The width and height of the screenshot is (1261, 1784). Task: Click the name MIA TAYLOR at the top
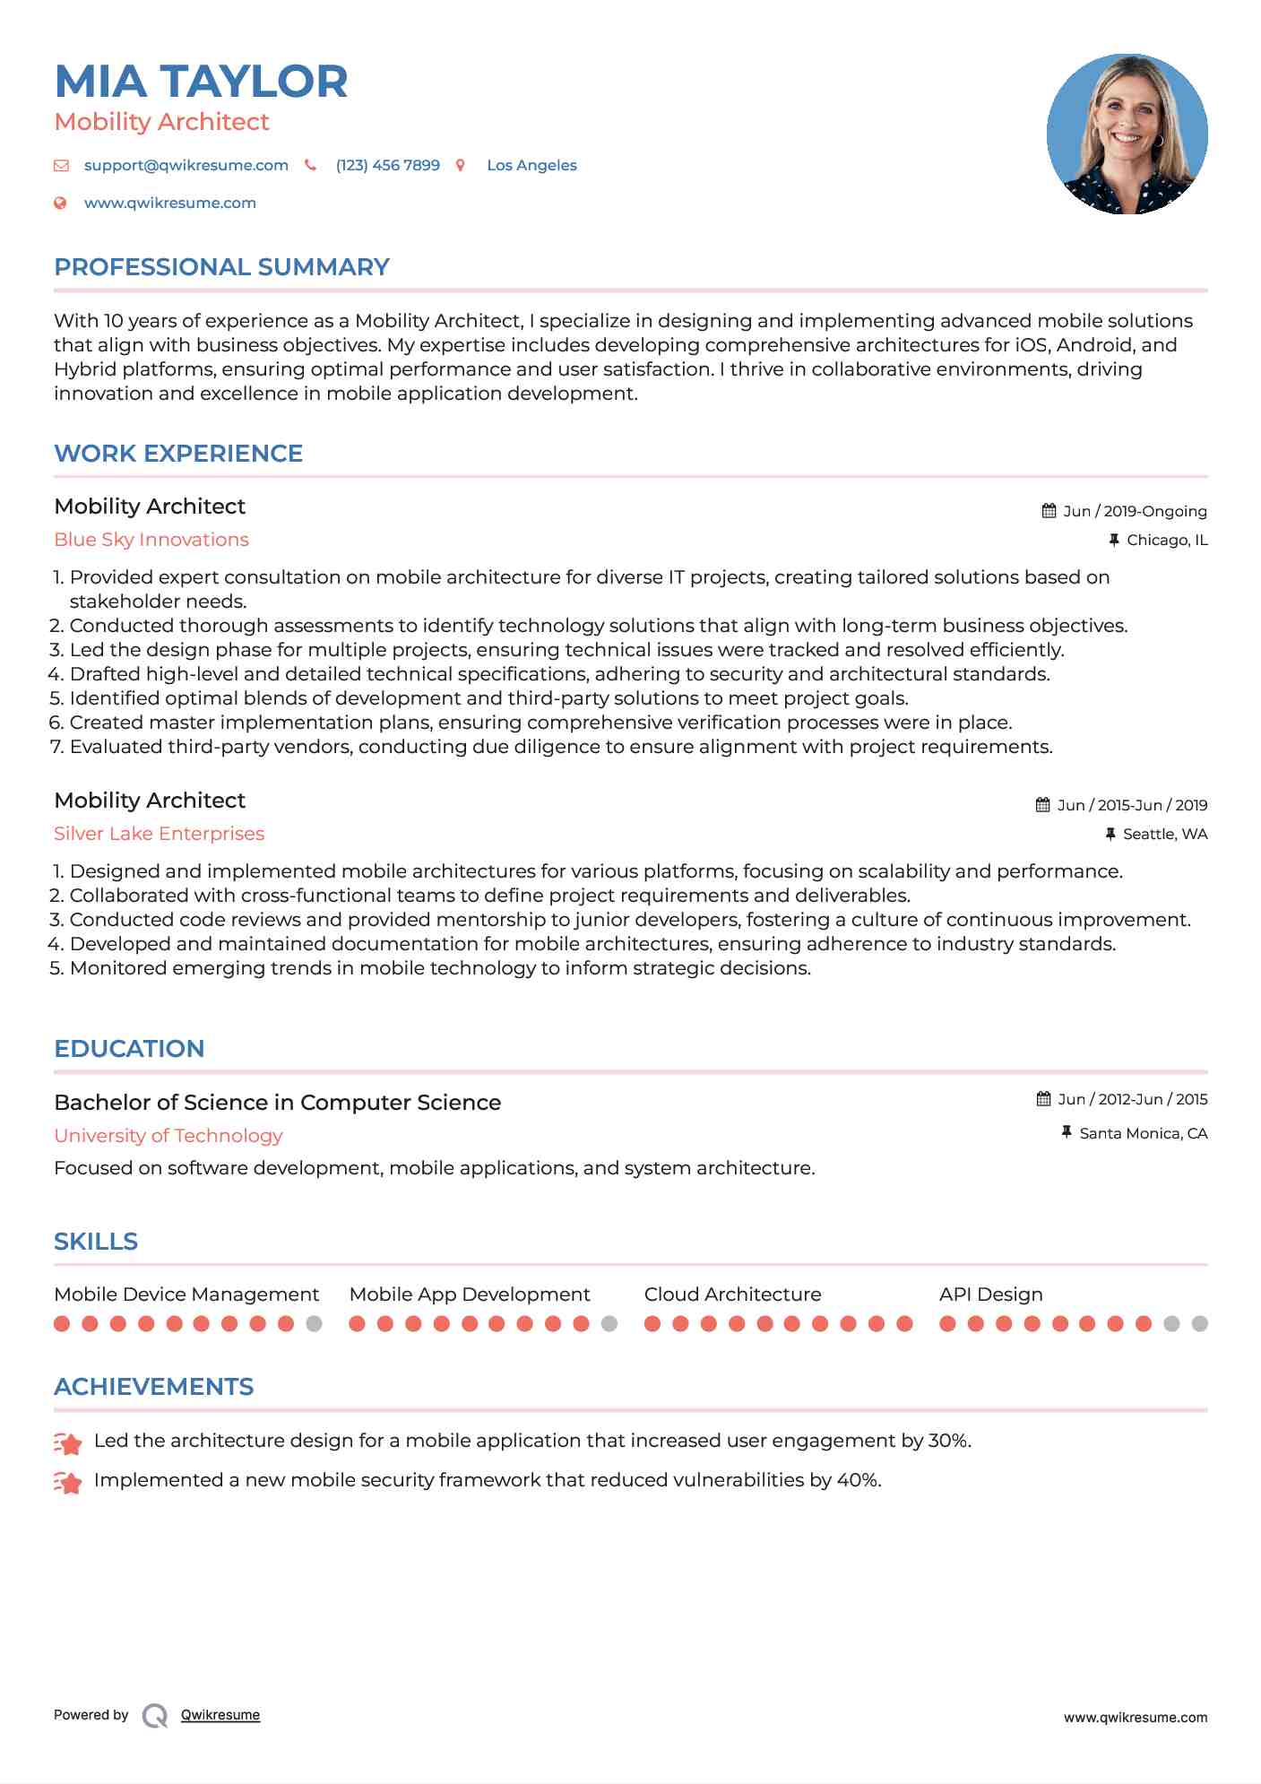click(x=201, y=82)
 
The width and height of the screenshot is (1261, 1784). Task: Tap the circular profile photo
click(x=1127, y=134)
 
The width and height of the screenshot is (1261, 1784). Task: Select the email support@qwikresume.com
click(x=186, y=165)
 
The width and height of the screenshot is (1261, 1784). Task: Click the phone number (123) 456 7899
click(x=387, y=165)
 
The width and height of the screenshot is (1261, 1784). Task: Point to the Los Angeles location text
click(x=531, y=165)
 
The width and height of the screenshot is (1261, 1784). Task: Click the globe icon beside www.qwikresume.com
click(x=61, y=203)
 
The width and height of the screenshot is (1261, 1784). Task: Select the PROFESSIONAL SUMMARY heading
click(x=221, y=267)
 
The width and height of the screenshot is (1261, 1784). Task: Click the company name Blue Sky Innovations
click(x=151, y=540)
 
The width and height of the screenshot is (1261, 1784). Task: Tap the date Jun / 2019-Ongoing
click(x=1135, y=511)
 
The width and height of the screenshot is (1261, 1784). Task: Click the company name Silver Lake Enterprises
click(x=159, y=834)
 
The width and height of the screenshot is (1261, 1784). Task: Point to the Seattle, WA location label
click(x=1165, y=834)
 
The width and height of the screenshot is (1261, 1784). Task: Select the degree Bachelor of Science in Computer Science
click(x=277, y=1103)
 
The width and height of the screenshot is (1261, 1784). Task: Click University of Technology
click(x=168, y=1136)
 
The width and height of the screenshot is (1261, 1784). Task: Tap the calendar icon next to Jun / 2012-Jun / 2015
click(x=1043, y=1099)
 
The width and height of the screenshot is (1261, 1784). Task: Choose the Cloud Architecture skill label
click(x=732, y=1295)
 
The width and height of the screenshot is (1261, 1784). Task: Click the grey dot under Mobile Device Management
click(x=314, y=1323)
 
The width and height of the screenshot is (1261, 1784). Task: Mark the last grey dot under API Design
click(x=1199, y=1323)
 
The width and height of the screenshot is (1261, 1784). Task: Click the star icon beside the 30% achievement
click(x=68, y=1442)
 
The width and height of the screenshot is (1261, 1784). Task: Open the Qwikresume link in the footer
click(x=220, y=1715)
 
